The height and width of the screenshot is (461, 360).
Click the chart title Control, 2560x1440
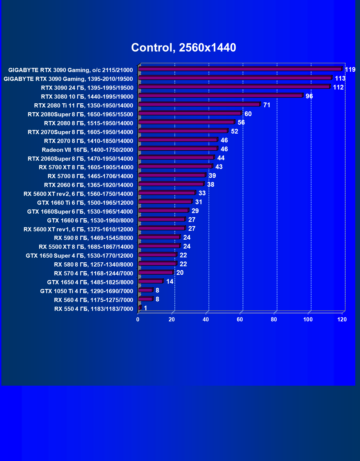pos(184,48)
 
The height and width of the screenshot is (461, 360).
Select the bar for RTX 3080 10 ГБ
pos(220,96)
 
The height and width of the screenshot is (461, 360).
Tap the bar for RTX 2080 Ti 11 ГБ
pos(199,104)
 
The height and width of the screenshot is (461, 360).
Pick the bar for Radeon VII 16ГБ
pos(178,149)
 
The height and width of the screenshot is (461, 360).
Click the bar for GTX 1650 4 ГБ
pos(150,281)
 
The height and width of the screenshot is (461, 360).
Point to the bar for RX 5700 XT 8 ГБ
pos(175,167)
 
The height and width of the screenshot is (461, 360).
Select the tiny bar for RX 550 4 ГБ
pos(140,308)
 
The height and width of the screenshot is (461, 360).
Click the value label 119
pos(350,70)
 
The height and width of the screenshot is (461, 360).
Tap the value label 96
pos(309,96)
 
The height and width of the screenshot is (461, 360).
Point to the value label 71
pos(267,105)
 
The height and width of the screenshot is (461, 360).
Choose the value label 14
pos(169,282)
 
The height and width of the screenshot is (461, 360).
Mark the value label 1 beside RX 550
pos(145,308)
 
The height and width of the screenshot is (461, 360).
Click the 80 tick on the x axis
pos(274,319)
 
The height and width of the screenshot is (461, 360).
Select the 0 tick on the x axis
pos(138,319)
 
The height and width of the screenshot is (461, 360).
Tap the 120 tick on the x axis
pos(342,319)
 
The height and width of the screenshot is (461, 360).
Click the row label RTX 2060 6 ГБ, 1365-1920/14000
pos(89,185)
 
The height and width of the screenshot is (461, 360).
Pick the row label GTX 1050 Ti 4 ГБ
pos(87,291)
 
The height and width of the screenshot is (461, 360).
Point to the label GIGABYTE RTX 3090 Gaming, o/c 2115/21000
pos(71,70)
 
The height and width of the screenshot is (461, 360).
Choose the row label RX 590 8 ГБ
pos(94,238)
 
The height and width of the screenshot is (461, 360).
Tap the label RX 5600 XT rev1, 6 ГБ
pos(78,229)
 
